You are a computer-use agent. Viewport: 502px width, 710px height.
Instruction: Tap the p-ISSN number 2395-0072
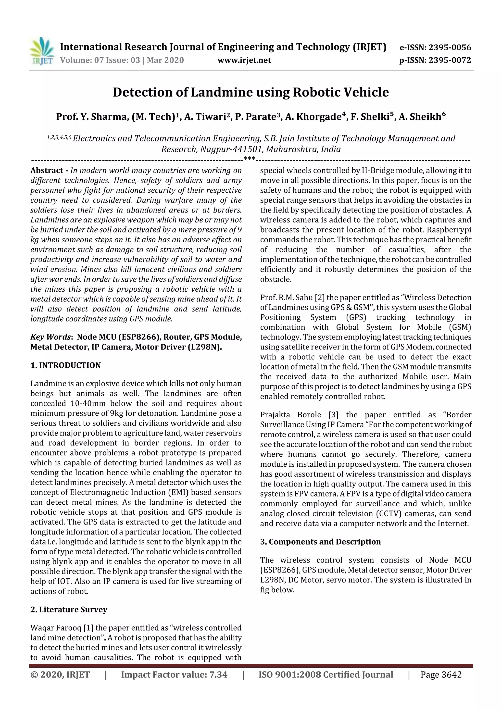[449, 60]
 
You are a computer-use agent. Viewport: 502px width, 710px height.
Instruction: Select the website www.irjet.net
[244, 60]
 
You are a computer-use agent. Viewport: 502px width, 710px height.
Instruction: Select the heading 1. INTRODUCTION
[66, 365]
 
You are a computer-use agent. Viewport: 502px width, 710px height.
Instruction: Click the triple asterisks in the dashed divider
[249, 159]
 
